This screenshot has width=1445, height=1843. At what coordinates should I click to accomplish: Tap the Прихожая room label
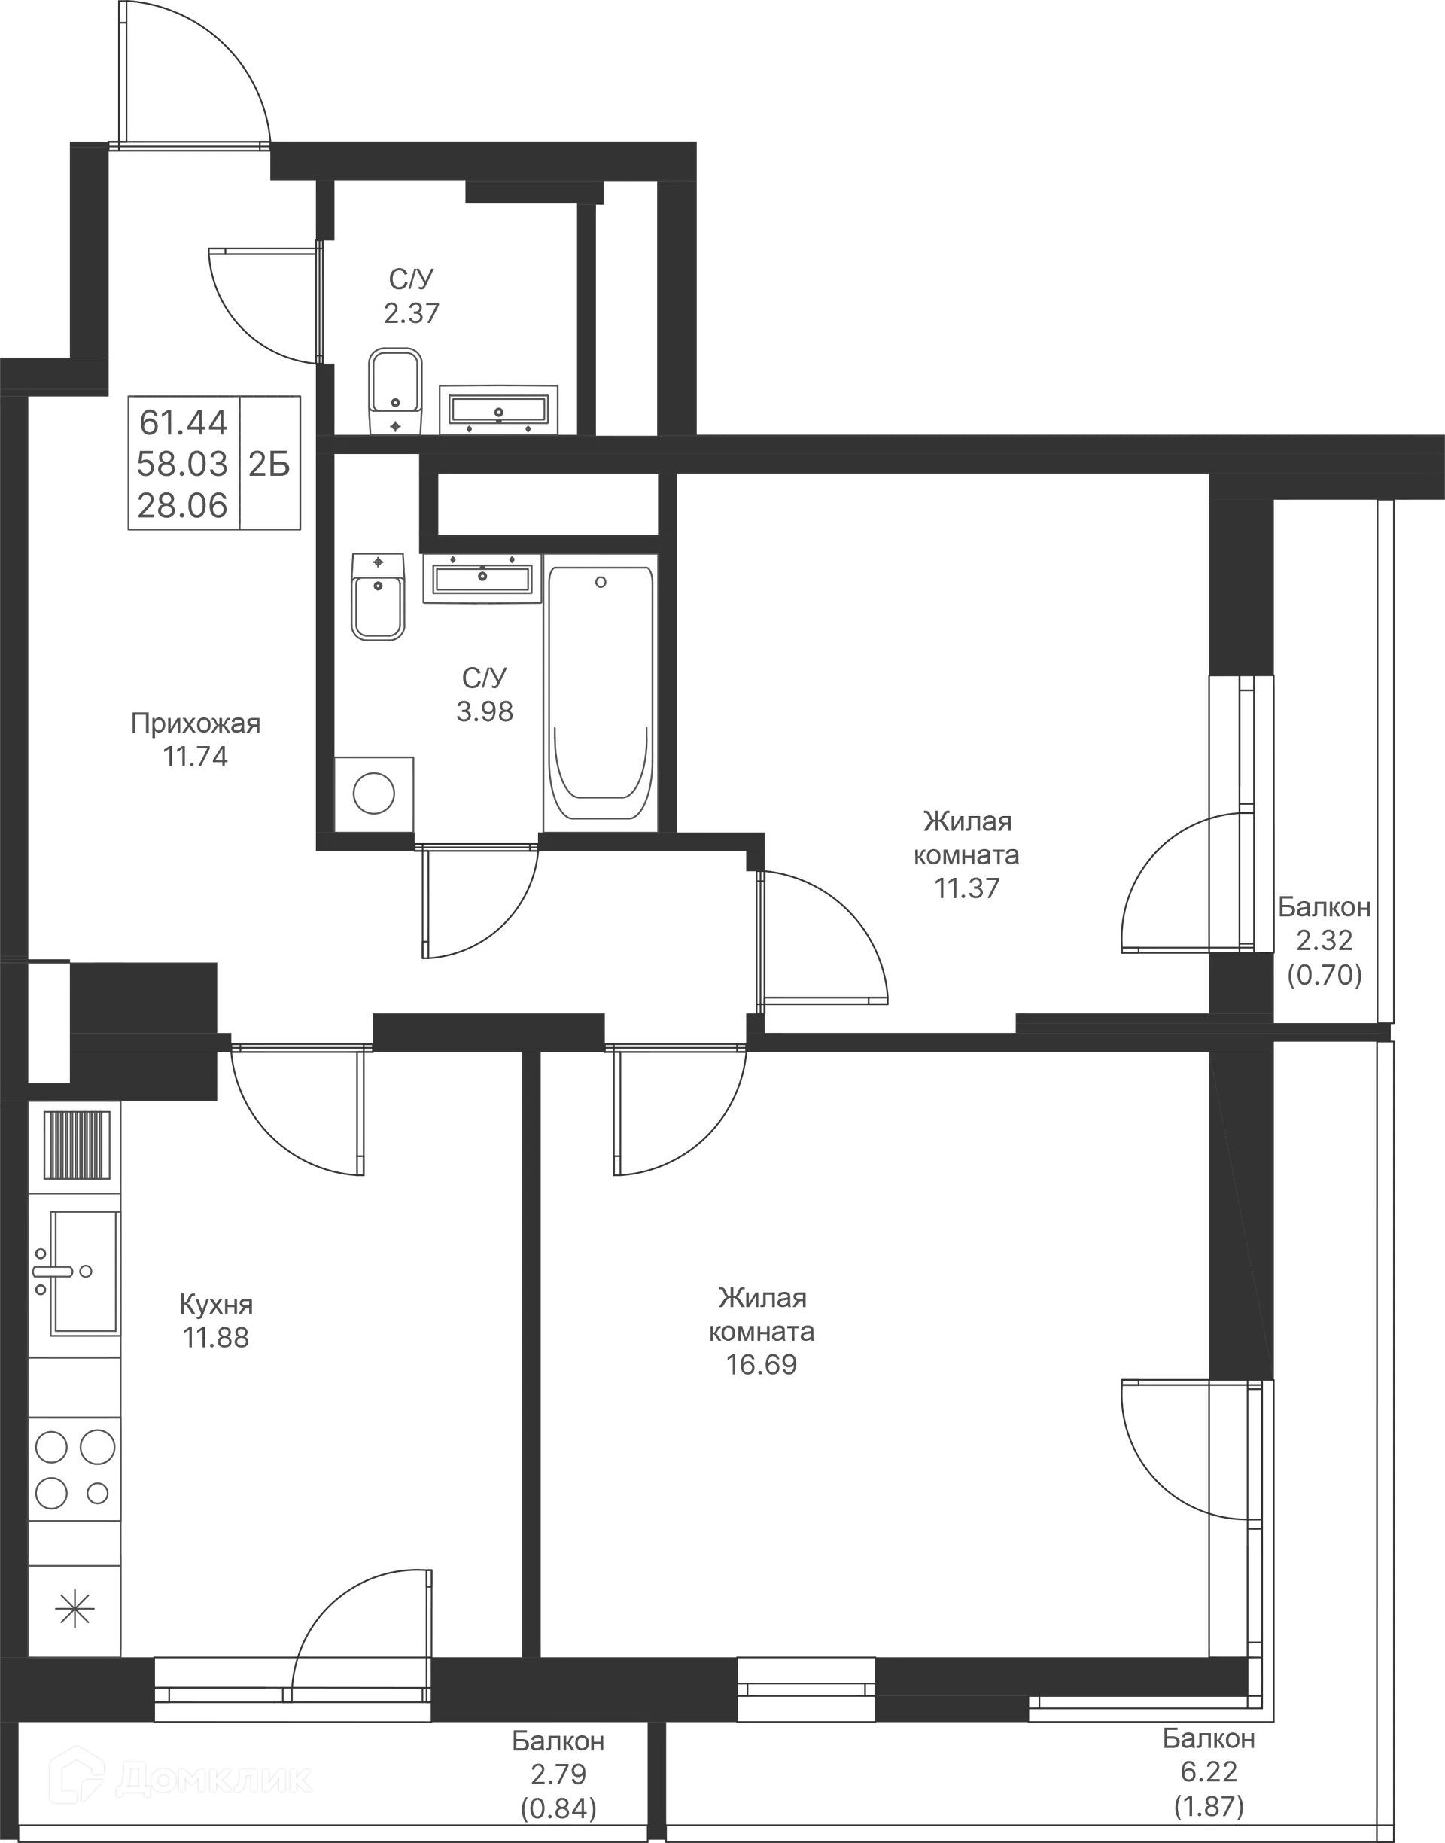[x=196, y=723]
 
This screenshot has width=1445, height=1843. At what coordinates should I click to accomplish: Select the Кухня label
[x=215, y=1304]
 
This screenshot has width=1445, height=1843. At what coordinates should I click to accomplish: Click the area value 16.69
[x=762, y=1365]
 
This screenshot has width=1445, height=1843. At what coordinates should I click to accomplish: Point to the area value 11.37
[x=967, y=889]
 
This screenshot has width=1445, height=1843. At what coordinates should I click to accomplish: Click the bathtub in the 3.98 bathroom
[x=601, y=690]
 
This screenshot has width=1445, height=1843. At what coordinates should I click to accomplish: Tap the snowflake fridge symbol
[x=75, y=1608]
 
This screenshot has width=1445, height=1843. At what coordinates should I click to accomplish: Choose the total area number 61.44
[x=184, y=422]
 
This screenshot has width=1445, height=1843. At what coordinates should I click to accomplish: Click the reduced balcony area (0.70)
[x=1324, y=977]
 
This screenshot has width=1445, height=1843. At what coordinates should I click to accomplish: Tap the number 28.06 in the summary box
[x=184, y=505]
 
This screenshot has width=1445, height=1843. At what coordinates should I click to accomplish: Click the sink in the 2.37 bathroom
[x=498, y=409]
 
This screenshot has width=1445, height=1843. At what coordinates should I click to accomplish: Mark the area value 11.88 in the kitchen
[x=217, y=1337]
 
